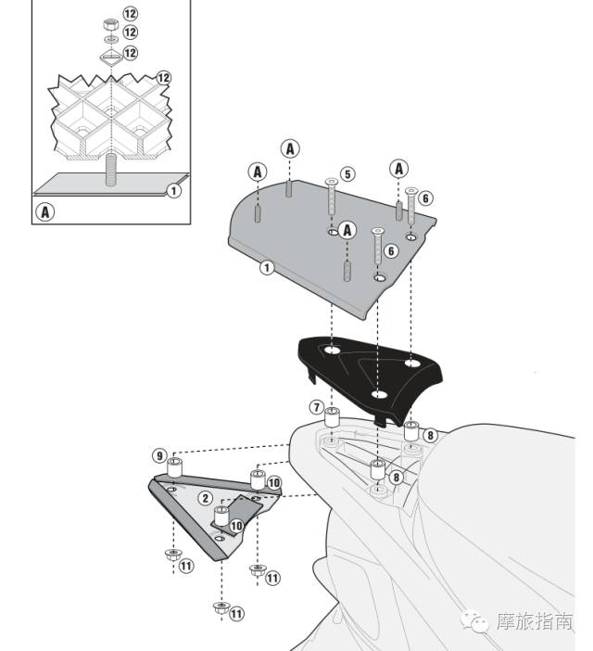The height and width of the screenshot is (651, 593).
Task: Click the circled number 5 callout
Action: tap(347, 173)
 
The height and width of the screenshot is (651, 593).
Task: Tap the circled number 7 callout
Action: tap(316, 407)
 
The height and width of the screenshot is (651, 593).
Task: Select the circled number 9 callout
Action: tap(160, 455)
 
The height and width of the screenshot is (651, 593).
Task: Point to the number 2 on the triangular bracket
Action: tap(206, 498)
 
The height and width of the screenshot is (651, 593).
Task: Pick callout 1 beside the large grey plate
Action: tap(267, 268)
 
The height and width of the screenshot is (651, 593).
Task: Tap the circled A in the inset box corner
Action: tap(44, 211)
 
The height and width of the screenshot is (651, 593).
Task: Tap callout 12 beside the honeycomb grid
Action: tap(164, 78)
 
